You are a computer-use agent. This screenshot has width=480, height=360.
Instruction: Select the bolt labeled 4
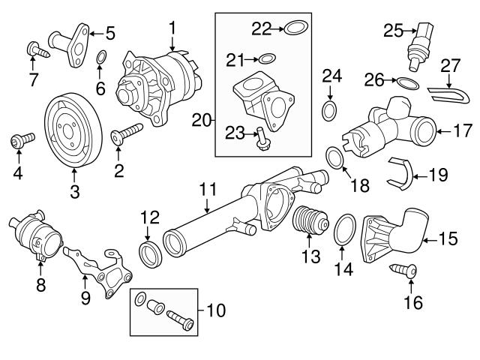coord(20,140)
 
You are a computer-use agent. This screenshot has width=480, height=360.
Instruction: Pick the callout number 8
coord(40,284)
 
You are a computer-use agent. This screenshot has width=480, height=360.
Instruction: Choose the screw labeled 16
coord(402,274)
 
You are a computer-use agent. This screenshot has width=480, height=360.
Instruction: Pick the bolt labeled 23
coord(260,137)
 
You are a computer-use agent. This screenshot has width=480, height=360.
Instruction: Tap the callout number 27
coord(451,65)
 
